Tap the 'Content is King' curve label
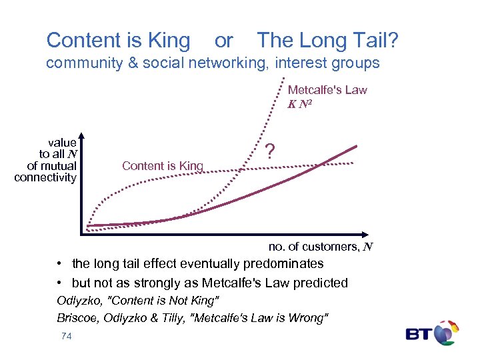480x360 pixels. coord(162,166)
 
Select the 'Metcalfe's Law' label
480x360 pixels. coord(327,90)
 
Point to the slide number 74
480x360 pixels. coord(66,337)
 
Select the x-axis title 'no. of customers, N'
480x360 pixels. coord(320,247)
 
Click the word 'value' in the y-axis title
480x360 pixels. coord(62,143)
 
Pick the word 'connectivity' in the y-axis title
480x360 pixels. coord(45,177)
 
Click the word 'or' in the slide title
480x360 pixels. coord(223,41)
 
